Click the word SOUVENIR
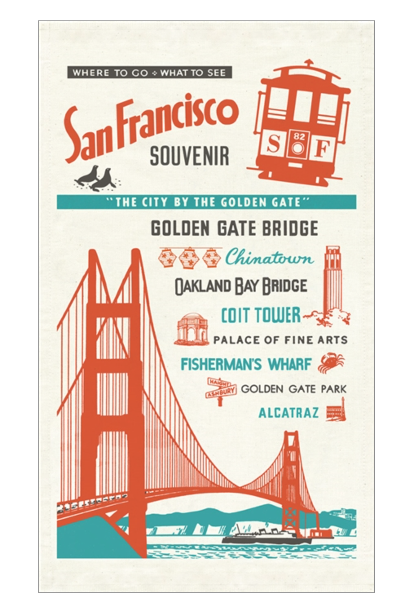[x=189, y=157]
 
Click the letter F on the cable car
[x=322, y=149]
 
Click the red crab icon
[x=330, y=363]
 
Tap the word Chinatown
[x=269, y=257]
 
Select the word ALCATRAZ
[x=288, y=413]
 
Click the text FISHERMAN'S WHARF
[x=246, y=363]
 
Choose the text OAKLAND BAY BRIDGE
[x=241, y=286]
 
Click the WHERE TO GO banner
[x=149, y=73]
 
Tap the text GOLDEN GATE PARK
[x=293, y=389]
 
